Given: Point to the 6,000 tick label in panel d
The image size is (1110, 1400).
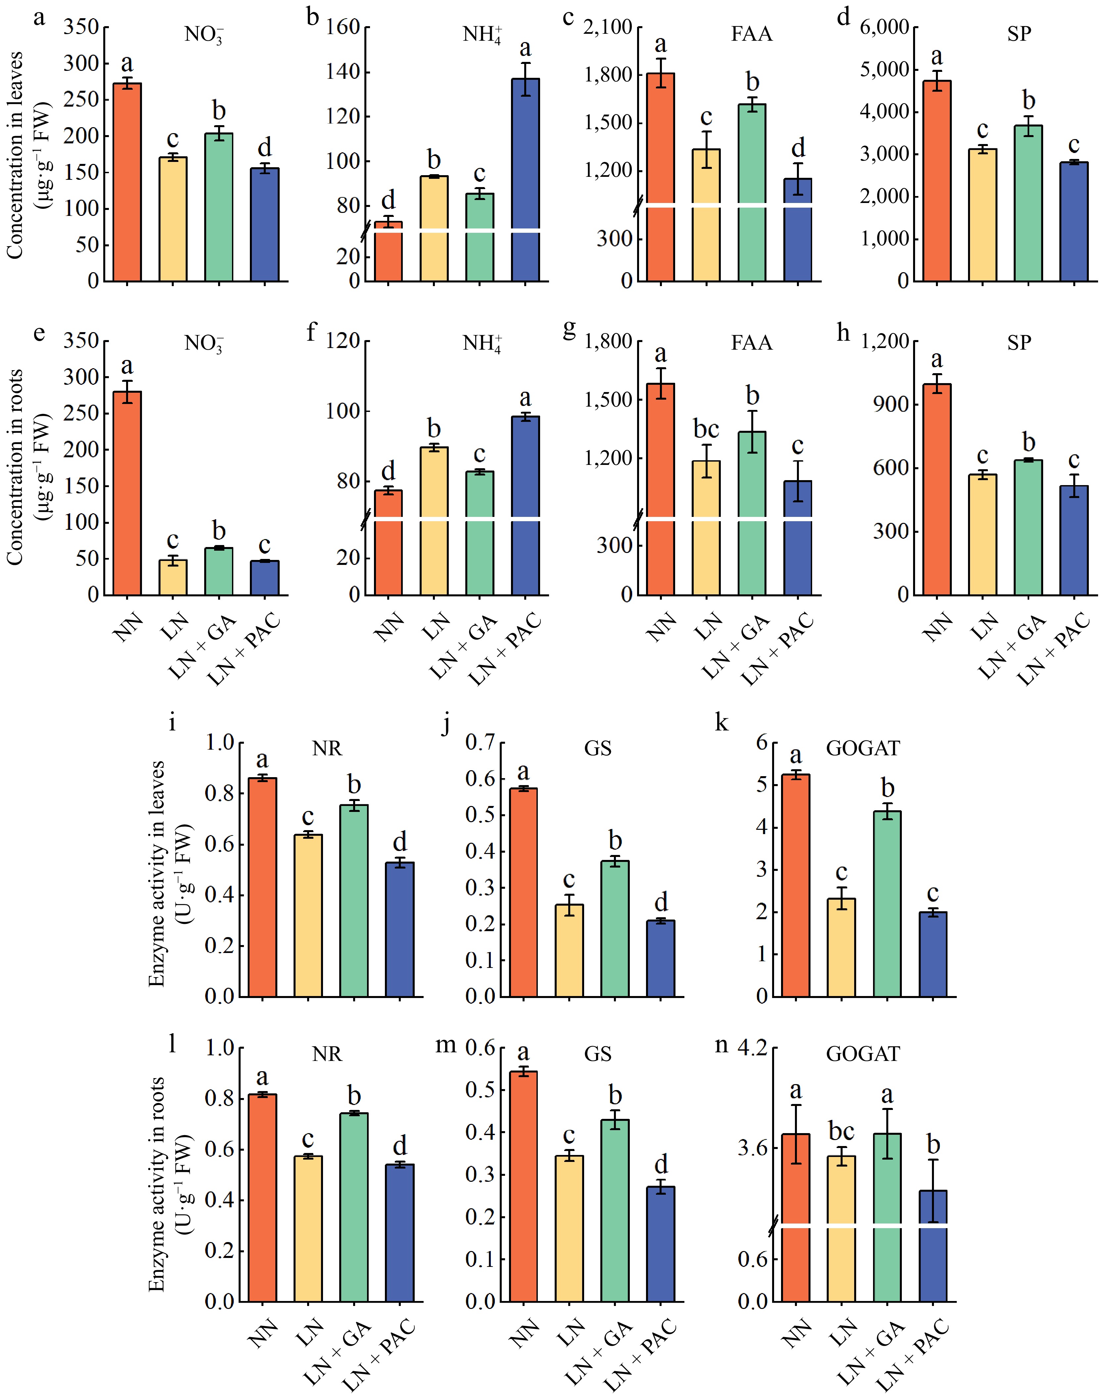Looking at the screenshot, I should click(884, 27).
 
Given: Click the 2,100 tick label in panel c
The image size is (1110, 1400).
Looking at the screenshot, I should click(608, 27).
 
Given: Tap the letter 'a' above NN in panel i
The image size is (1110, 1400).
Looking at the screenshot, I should click(262, 759).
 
